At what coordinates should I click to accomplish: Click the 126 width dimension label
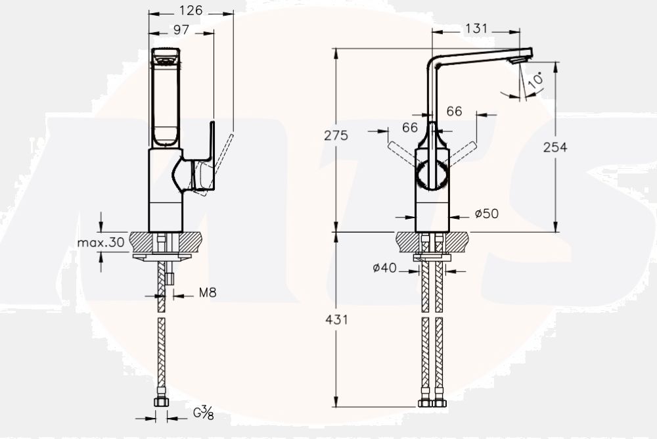pos(191,10)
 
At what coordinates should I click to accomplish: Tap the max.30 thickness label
pos(101,243)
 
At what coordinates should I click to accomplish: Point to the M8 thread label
pos(207,293)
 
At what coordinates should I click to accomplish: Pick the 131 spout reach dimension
pos(476,28)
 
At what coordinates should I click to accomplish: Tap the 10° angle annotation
pos(536,80)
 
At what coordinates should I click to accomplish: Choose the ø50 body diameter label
pos(487,214)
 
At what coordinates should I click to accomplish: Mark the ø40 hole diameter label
pos(385,267)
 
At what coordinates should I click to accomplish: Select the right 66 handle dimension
pos(455,112)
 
